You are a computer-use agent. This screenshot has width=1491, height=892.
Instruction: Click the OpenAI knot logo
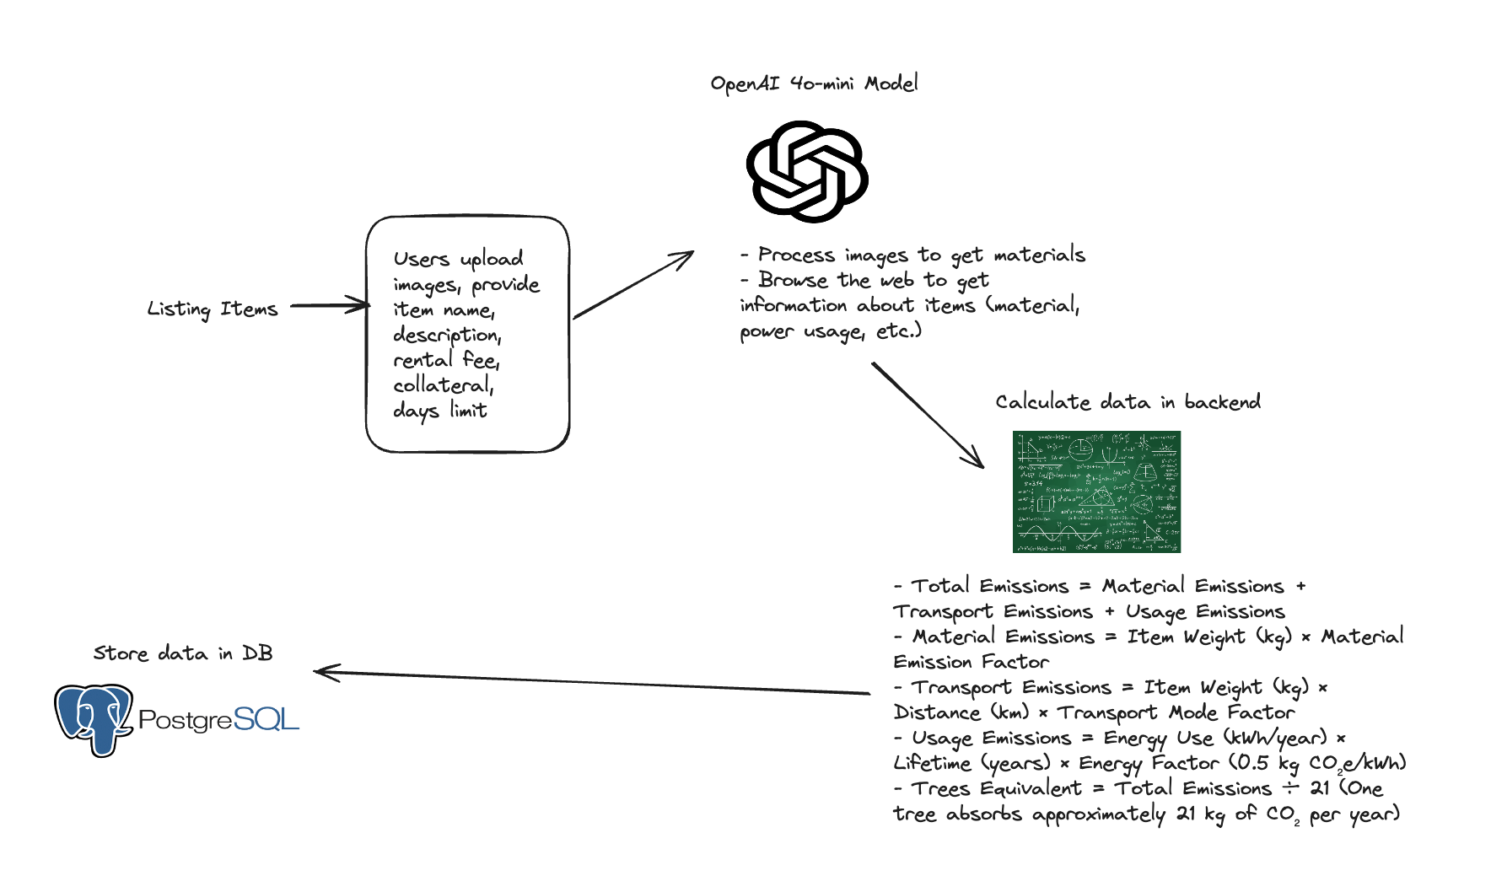tap(807, 171)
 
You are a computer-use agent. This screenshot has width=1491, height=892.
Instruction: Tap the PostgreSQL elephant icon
tap(94, 718)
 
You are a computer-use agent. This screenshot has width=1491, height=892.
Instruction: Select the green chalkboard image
tap(1096, 492)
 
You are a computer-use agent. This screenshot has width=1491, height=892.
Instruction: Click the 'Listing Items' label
tap(213, 309)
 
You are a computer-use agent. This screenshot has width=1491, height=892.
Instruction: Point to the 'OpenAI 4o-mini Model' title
tap(814, 83)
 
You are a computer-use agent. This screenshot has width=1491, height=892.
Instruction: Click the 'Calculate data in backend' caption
tap(1128, 402)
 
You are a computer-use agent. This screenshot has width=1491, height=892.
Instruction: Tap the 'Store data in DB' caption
tap(183, 653)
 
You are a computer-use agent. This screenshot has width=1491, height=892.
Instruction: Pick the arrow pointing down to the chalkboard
tap(928, 415)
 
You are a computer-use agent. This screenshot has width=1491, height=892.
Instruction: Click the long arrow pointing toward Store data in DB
tap(590, 682)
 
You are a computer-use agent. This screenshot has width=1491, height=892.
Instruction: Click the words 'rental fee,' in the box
tap(446, 360)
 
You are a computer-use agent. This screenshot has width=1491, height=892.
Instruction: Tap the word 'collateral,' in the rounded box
tap(443, 385)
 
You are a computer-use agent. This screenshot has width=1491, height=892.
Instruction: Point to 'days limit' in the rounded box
tap(439, 411)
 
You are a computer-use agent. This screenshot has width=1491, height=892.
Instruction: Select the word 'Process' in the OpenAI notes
tap(796, 255)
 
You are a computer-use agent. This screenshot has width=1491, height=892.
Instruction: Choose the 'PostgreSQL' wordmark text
tap(218, 719)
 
